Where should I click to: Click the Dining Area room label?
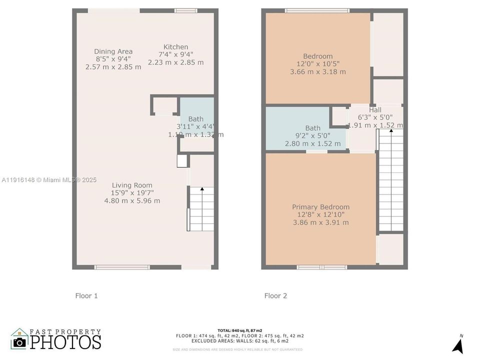(x=113, y=51)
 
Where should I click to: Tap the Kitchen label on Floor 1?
(x=176, y=47)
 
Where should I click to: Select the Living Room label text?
(x=132, y=185)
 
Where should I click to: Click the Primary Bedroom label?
(x=320, y=207)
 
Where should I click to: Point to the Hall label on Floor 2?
(x=375, y=110)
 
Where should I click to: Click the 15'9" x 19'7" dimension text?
(x=132, y=193)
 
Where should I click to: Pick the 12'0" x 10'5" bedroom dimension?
(x=317, y=64)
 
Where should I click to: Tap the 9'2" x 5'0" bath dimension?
(x=312, y=136)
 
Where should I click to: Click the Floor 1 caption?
(x=86, y=296)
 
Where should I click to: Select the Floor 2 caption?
(x=275, y=296)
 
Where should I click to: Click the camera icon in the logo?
(x=20, y=342)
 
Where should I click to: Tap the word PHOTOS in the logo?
(x=65, y=342)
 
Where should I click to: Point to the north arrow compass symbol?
(x=457, y=344)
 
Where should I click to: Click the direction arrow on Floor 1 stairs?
(x=202, y=189)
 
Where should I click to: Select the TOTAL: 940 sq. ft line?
(x=239, y=330)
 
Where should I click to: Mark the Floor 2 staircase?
(x=390, y=180)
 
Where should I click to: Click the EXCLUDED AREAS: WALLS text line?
(x=239, y=342)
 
